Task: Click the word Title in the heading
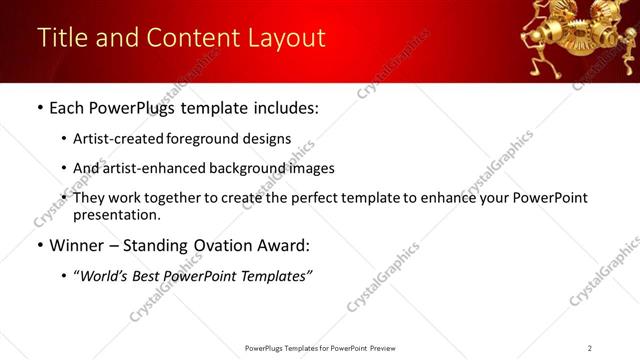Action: coord(62,38)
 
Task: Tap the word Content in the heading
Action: coord(190,38)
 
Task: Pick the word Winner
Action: coord(77,245)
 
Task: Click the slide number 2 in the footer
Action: coord(590,348)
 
